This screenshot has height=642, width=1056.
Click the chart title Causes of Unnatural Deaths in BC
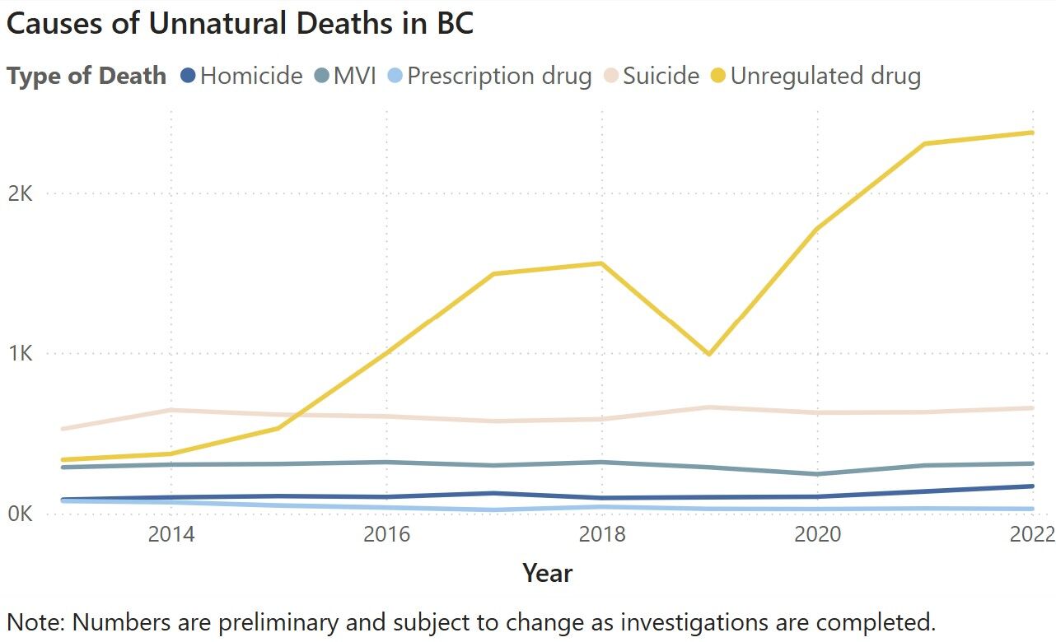[240, 23]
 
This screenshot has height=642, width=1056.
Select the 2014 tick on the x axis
[171, 534]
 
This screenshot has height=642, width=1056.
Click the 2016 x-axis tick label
[387, 534]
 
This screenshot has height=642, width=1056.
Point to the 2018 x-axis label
[602, 534]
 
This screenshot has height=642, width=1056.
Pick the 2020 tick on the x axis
[817, 534]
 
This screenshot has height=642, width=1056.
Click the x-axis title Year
[547, 573]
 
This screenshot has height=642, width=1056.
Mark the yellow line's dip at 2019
[708, 354]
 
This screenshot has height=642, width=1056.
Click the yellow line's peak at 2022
[1032, 133]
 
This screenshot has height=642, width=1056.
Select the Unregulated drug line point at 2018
[602, 263]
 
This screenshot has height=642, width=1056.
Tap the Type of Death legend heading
[86, 77]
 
